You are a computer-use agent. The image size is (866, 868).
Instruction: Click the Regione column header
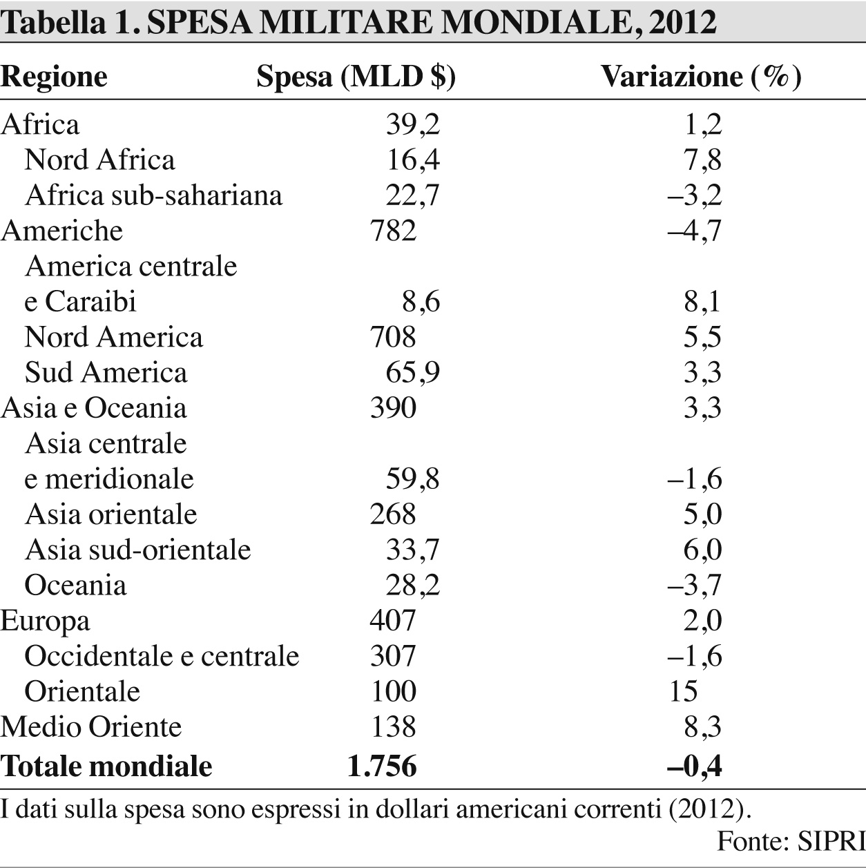pos(54,77)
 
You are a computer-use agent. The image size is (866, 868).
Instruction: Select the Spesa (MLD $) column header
pos(356,77)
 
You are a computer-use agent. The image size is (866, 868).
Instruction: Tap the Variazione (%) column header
pos(700,77)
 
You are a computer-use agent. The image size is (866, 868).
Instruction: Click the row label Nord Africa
pos(99,160)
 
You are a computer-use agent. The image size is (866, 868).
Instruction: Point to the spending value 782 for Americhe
pos(393,231)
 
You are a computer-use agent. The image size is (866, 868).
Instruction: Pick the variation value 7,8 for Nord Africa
pos(702,160)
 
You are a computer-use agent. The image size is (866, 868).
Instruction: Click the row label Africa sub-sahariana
pos(153,195)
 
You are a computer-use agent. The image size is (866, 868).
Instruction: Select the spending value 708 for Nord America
pos(393,337)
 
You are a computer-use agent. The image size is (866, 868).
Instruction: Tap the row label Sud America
pos(106,373)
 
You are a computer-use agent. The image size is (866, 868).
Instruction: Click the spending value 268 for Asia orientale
pos(393,514)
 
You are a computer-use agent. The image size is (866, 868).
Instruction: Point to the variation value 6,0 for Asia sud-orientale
pos(702,550)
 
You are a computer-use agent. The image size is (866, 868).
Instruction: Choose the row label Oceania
pos(75,586)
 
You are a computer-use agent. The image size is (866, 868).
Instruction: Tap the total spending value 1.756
pos(382,766)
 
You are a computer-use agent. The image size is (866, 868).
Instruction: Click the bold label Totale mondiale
pos(106,766)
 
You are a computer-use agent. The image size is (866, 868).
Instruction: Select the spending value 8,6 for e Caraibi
pos(421,302)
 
